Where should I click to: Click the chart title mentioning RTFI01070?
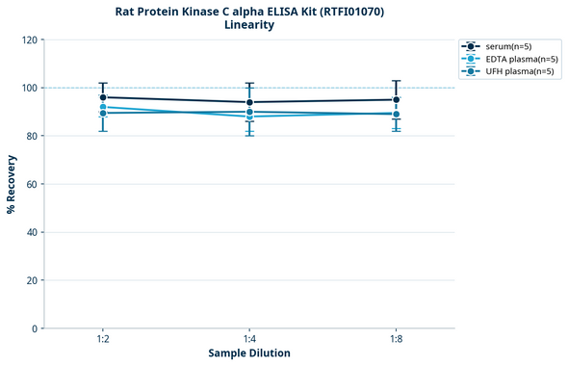pyautogui.click(x=248, y=11)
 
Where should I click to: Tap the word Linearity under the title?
pyautogui.click(x=248, y=25)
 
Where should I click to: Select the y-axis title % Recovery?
pyautogui.click(x=12, y=184)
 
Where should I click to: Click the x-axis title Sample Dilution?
pyautogui.click(x=249, y=353)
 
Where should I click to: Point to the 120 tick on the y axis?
pyautogui.click(x=30, y=39)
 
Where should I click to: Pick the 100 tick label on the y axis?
pyautogui.click(x=30, y=88)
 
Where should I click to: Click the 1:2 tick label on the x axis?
pyautogui.click(x=103, y=339)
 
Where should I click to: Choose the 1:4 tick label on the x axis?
pyautogui.click(x=249, y=339)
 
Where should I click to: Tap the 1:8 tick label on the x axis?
pyautogui.click(x=396, y=339)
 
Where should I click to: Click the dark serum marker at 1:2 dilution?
pyautogui.click(x=103, y=97)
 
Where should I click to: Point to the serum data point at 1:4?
pyautogui.click(x=249, y=102)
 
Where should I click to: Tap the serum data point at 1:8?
pyautogui.click(x=396, y=99)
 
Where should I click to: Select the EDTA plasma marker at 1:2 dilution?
pyautogui.click(x=103, y=107)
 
